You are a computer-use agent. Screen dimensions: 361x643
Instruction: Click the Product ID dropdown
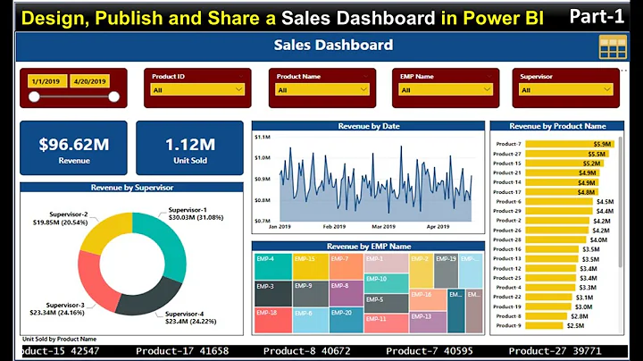197,89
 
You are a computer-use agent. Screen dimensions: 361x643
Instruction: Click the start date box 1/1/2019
46,80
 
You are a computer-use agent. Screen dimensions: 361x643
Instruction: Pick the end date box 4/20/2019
88,80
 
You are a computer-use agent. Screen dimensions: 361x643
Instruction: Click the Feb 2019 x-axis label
335,227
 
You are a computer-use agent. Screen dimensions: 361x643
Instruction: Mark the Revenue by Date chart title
368,126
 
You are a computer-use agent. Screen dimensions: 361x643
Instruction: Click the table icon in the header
613,46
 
